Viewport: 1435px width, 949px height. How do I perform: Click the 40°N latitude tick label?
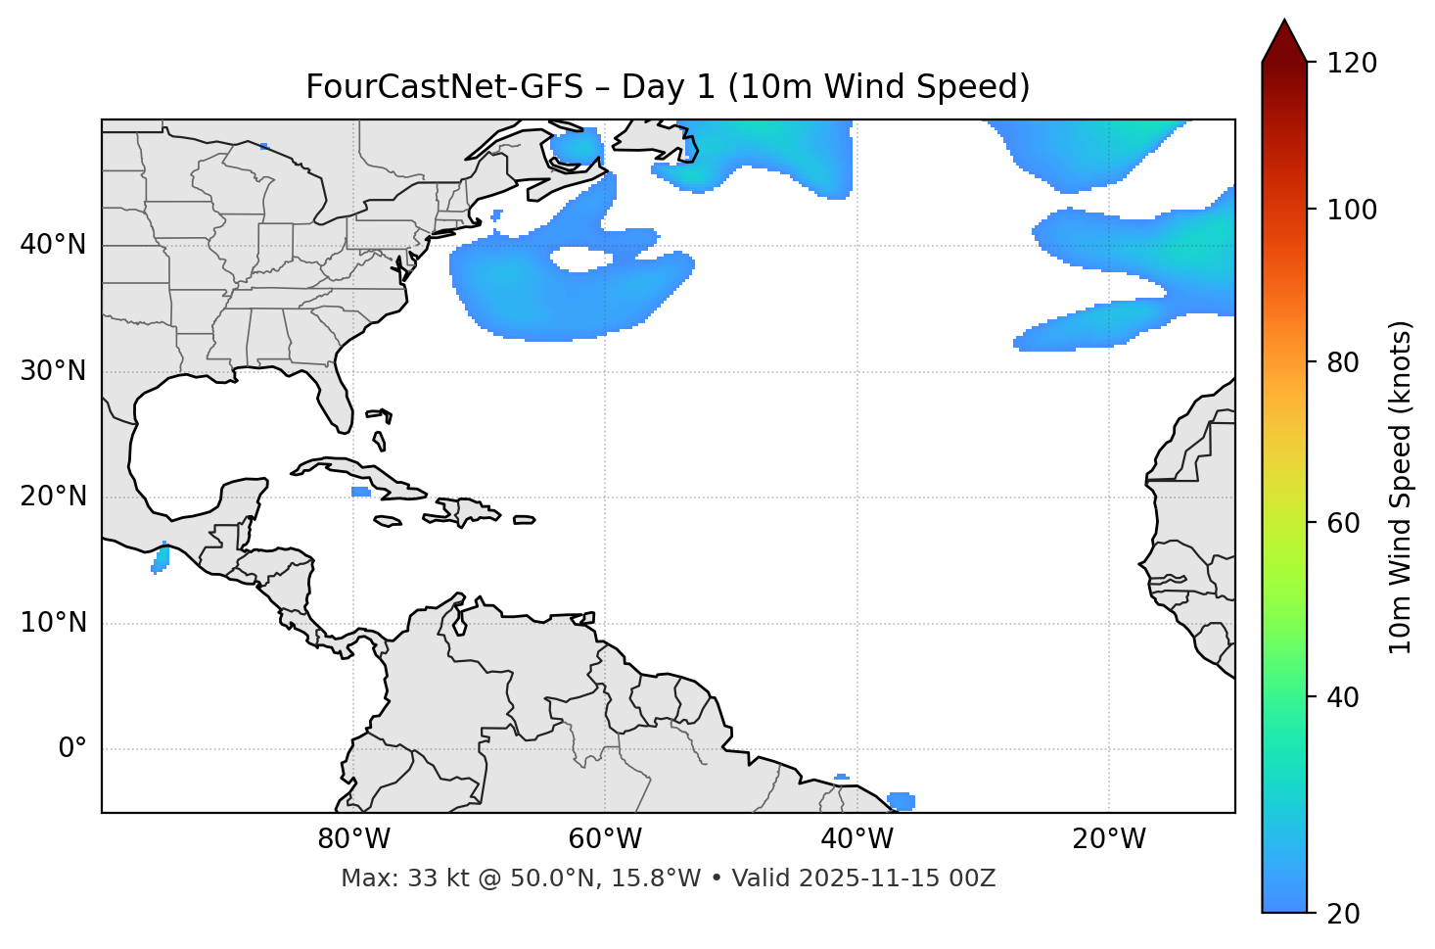click(x=53, y=245)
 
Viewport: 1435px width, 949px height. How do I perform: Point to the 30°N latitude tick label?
click(x=53, y=371)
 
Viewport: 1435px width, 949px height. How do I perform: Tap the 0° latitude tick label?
click(x=71, y=749)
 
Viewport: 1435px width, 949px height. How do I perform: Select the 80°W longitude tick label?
click(x=353, y=839)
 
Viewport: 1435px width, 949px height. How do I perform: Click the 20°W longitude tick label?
click(x=1109, y=839)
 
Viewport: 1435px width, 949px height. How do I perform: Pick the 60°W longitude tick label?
click(x=605, y=839)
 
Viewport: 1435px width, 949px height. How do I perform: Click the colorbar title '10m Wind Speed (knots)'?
click(x=1401, y=487)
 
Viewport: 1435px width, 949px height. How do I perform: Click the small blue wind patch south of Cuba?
click(x=360, y=492)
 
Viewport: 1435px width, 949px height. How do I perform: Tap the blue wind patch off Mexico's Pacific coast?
click(x=161, y=558)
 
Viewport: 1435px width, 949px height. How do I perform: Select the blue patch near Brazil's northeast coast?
click(x=902, y=801)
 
